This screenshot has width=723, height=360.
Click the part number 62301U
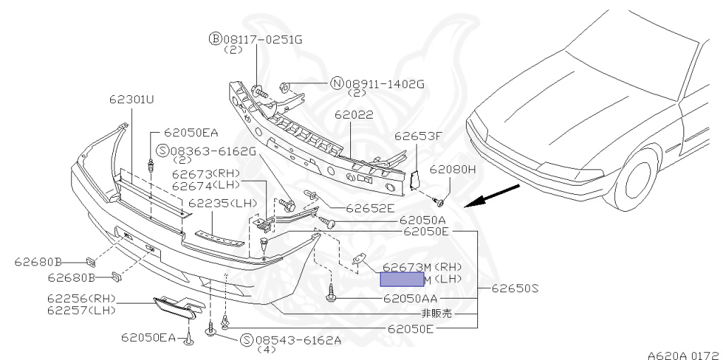point(131,100)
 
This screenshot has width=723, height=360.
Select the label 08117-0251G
point(263,40)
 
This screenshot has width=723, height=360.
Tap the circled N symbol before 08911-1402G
point(337,84)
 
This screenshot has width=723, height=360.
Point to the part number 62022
point(354,114)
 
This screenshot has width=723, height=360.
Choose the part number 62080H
point(453,169)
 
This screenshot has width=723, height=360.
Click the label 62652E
point(369,208)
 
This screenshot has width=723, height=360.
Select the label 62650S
point(515,288)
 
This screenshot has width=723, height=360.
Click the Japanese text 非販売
point(437,313)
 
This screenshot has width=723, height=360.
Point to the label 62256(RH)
point(82,299)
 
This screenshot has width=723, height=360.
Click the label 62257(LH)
point(82,309)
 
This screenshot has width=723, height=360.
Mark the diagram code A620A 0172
point(683,349)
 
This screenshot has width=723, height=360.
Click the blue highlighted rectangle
point(402,279)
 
